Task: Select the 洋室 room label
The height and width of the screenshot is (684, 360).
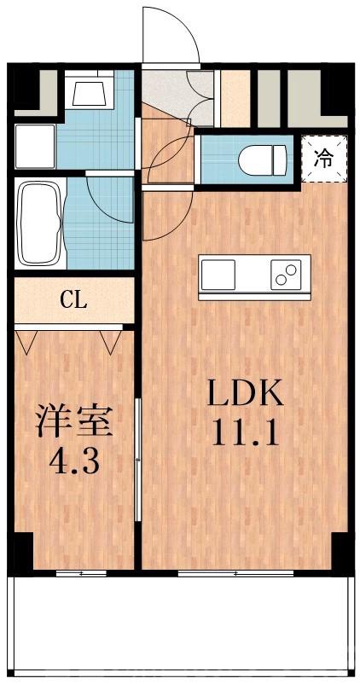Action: pyautogui.click(x=75, y=421)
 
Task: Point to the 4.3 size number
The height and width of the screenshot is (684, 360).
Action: pyautogui.click(x=75, y=462)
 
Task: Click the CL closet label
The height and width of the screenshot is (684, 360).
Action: pyautogui.click(x=73, y=300)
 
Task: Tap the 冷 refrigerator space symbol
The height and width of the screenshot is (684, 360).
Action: pyautogui.click(x=324, y=158)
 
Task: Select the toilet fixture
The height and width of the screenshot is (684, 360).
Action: pyautogui.click(x=263, y=159)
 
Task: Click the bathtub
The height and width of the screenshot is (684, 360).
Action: pyautogui.click(x=38, y=223)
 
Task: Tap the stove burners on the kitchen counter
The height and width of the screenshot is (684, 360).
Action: pyautogui.click(x=287, y=275)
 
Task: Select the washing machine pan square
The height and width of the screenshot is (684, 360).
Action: pyautogui.click(x=34, y=145)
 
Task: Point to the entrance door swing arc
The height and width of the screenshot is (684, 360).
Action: pyautogui.click(x=171, y=34)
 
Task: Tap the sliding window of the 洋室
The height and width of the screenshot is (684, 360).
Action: pyautogui.click(x=82, y=573)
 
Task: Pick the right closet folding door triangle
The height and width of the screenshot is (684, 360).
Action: pyautogui.click(x=109, y=342)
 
